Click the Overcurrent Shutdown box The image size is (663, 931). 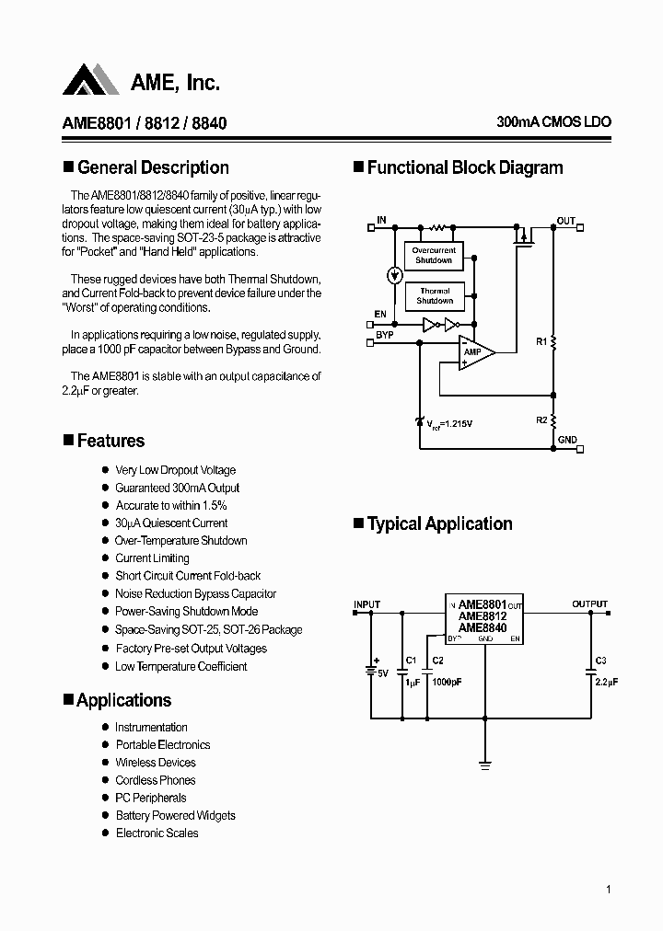coord(434,256)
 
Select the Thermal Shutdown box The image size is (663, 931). coord(434,296)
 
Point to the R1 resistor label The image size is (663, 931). coord(541,341)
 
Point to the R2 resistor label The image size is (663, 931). coord(541,420)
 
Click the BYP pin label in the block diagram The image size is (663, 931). coord(384,335)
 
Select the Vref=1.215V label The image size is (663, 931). coord(449,423)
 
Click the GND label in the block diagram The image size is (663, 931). coord(567,440)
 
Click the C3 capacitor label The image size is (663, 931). coord(600,660)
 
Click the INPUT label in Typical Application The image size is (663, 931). coord(366,604)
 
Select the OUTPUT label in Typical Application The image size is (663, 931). coord(589,604)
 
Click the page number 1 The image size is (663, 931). coord(609,889)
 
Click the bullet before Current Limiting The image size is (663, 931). coord(104,558)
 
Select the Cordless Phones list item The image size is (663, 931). coord(155,780)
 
